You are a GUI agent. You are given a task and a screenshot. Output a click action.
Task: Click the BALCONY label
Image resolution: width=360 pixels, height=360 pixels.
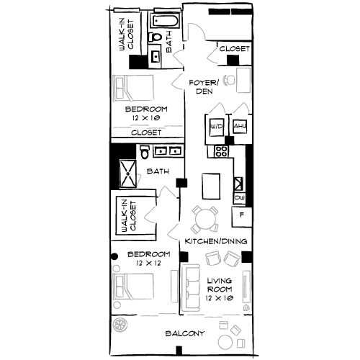(185, 333)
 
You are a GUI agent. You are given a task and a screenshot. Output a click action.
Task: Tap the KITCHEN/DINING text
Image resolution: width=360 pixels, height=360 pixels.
(217, 240)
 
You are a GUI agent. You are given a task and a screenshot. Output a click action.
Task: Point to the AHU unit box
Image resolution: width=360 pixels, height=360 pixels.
(239, 127)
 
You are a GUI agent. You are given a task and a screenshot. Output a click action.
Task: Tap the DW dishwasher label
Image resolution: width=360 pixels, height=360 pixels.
(239, 197)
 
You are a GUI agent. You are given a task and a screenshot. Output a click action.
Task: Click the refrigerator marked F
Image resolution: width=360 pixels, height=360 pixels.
(241, 215)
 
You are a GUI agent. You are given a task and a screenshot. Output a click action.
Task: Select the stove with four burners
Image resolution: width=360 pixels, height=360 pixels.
(220, 152)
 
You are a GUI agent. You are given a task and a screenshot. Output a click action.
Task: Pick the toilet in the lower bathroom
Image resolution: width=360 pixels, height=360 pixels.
(146, 153)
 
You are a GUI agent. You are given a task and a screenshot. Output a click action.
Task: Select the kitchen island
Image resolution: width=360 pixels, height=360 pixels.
(212, 186)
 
